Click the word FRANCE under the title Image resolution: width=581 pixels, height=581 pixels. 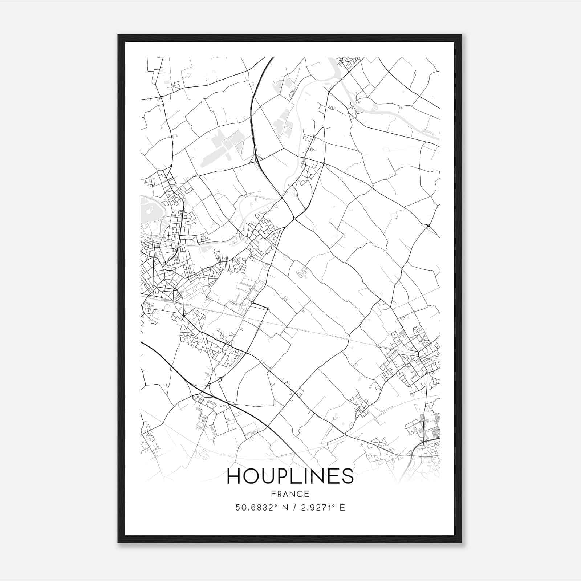coord(290,494)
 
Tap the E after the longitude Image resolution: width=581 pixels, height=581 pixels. coord(342,508)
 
